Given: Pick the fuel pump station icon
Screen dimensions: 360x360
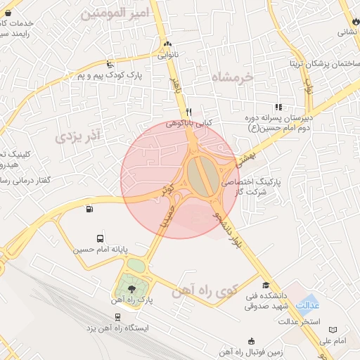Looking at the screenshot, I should [x=89, y=209].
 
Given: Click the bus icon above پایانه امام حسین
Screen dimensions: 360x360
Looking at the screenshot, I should [x=99, y=239].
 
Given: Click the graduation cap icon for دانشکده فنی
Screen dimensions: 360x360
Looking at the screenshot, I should [x=265, y=285].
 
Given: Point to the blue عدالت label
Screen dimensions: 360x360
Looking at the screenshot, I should [x=308, y=307].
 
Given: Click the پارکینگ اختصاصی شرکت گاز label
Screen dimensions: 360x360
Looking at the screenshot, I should [x=260, y=186].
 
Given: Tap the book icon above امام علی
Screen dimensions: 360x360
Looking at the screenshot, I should [x=333, y=329].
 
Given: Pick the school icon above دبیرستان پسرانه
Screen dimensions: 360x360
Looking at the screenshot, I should [x=278, y=108].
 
